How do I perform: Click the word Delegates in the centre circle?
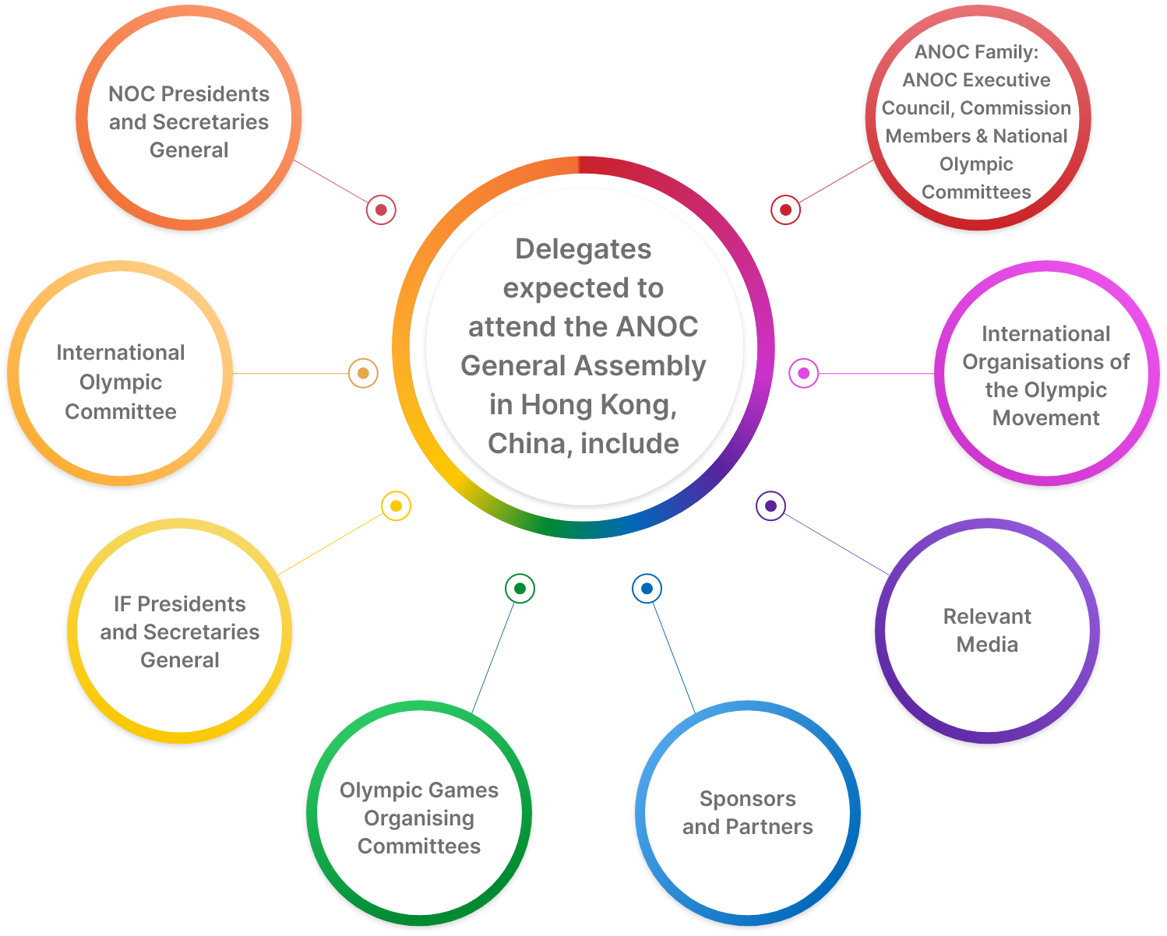point(583,249)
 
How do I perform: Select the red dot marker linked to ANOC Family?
point(785,209)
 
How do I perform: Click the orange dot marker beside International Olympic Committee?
point(363,373)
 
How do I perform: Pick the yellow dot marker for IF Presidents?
point(396,506)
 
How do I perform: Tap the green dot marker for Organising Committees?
point(520,588)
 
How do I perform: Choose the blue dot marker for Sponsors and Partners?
point(647,588)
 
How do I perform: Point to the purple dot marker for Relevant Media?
point(770,506)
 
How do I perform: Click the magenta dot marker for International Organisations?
point(803,373)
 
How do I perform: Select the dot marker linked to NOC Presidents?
point(381,209)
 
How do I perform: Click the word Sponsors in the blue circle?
point(747,799)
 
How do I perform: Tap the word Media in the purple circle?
point(987,645)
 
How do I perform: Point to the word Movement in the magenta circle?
point(1045,418)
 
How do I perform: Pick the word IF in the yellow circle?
point(122,604)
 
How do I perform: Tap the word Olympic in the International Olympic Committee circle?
point(121,382)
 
